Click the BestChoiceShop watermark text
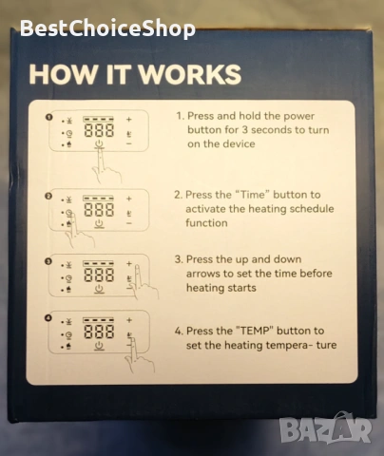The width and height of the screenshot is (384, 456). (x=107, y=28)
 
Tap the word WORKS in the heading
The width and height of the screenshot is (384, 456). (x=190, y=74)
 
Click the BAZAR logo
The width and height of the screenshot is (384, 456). (x=325, y=430)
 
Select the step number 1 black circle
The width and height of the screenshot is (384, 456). (x=48, y=117)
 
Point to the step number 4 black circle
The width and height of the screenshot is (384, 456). (x=48, y=317)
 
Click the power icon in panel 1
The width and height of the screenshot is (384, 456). (x=99, y=144)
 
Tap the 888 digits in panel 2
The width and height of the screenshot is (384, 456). (x=99, y=210)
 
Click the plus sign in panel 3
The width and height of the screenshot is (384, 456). (x=129, y=263)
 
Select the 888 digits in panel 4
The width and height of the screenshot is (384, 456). (x=99, y=332)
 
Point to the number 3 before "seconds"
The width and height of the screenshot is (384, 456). (x=245, y=130)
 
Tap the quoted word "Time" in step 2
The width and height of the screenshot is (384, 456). (x=252, y=195)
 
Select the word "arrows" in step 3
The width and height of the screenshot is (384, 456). (x=202, y=274)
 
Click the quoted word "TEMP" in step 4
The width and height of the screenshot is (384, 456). (x=255, y=331)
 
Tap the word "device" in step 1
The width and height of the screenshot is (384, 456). (x=240, y=143)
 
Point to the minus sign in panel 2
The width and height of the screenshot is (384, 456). (x=129, y=223)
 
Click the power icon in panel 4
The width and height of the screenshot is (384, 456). (x=99, y=346)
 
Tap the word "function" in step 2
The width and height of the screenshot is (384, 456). (x=206, y=223)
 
